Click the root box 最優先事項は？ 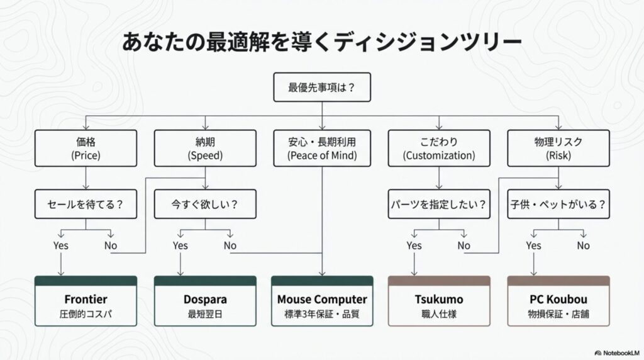coord(321,87)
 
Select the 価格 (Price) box coord(86,148)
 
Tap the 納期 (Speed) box coord(205,148)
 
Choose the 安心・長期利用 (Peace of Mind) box coord(321,148)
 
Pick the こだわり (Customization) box coord(439,148)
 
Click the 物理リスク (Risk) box coord(558,148)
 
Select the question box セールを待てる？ coord(86,205)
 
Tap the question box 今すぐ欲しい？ coord(205,205)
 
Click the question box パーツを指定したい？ coord(439,205)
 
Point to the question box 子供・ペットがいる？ coord(558,205)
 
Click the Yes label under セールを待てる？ coord(61,245)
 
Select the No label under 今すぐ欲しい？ coord(230,245)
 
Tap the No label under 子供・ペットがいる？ coord(584,245)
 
